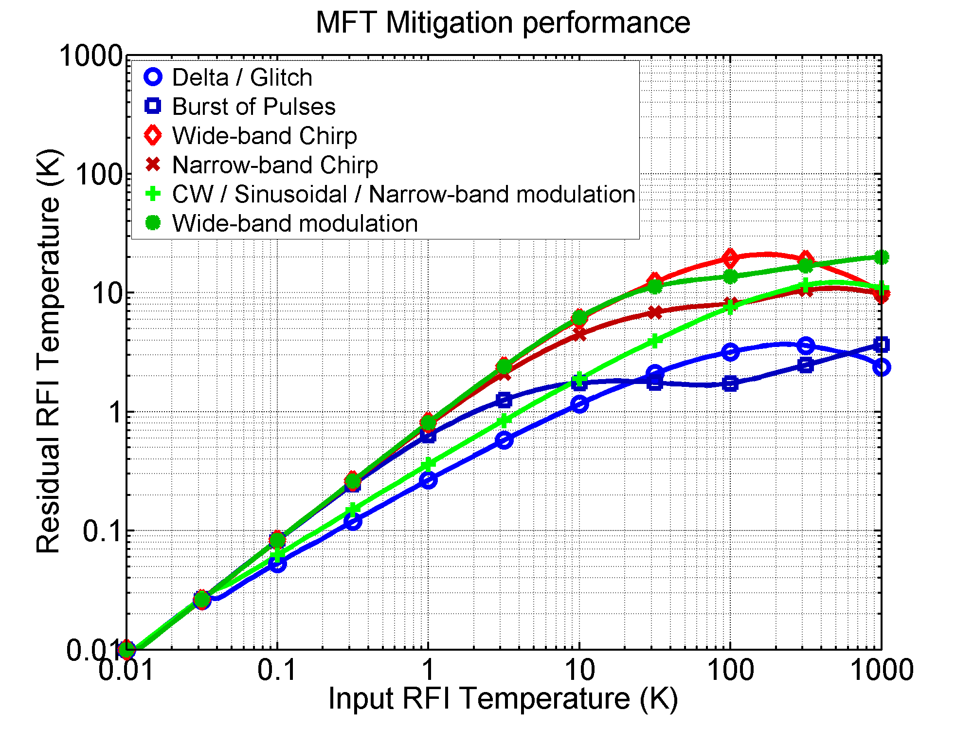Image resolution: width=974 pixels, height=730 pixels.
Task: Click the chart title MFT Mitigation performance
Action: pyautogui.click(x=503, y=22)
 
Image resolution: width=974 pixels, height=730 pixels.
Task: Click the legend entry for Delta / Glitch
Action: pyautogui.click(x=242, y=77)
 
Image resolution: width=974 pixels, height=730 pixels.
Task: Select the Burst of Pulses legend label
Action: pyautogui.click(x=253, y=107)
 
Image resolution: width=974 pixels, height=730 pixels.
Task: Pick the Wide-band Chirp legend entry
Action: pyautogui.click(x=264, y=136)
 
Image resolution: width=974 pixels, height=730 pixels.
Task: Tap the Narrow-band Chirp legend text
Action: pyautogui.click(x=275, y=165)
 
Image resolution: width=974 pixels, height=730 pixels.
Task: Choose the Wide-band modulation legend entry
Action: pyautogui.click(x=295, y=223)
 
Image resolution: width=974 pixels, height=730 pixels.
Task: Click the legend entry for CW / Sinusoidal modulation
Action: pyautogui.click(x=403, y=194)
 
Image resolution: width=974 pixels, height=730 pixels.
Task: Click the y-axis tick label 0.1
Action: pyautogui.click(x=102, y=530)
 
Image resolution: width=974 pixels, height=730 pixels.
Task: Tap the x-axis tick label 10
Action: pyautogui.click(x=579, y=670)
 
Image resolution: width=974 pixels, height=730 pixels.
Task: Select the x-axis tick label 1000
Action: pyautogui.click(x=881, y=670)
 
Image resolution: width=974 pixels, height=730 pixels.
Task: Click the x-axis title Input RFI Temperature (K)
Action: pyautogui.click(x=503, y=699)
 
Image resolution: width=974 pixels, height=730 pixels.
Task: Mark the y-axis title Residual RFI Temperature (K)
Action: pyautogui.click(x=48, y=351)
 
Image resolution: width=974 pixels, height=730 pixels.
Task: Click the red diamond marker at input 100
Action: pyautogui.click(x=730, y=258)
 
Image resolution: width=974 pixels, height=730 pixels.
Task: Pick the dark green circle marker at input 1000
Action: pyautogui.click(x=881, y=257)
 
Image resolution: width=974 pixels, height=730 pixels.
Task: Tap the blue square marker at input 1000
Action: pyautogui.click(x=881, y=345)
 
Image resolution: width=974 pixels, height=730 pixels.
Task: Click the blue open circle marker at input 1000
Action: pyautogui.click(x=881, y=367)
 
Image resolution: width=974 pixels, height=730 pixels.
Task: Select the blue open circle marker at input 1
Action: pyautogui.click(x=428, y=480)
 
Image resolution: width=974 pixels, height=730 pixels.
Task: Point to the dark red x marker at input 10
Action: pyautogui.click(x=579, y=334)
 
